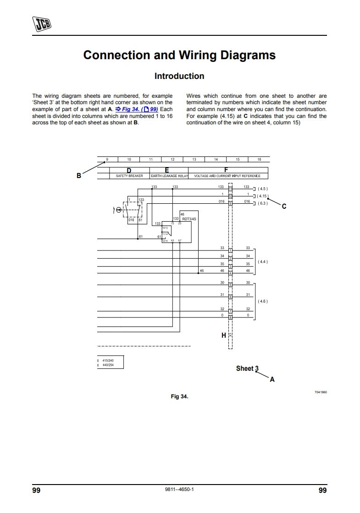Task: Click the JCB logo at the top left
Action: pyautogui.click(x=41, y=23)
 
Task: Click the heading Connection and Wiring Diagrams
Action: pyautogui.click(x=179, y=56)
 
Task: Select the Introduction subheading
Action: pyautogui.click(x=179, y=76)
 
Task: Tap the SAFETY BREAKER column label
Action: pyautogui.click(x=129, y=176)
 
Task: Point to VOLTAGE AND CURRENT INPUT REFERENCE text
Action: pyautogui.click(x=227, y=176)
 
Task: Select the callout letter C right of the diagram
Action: pyautogui.click(x=284, y=206)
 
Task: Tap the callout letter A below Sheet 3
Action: pyautogui.click(x=272, y=379)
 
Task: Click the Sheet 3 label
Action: pyautogui.click(x=247, y=368)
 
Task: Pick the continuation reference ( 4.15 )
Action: pyautogui.click(x=263, y=196)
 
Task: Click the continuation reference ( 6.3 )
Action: pyautogui.click(x=262, y=203)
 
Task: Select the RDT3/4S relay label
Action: pyautogui.click(x=189, y=219)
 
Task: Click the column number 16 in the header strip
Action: pyautogui.click(x=259, y=160)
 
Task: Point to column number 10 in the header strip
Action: pyautogui.click(x=129, y=160)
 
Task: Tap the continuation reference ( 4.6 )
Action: pyautogui.click(x=263, y=301)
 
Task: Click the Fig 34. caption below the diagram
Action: pyautogui.click(x=179, y=396)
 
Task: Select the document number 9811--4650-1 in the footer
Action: pyautogui.click(x=179, y=490)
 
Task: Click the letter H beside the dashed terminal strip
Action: pyautogui.click(x=224, y=335)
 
